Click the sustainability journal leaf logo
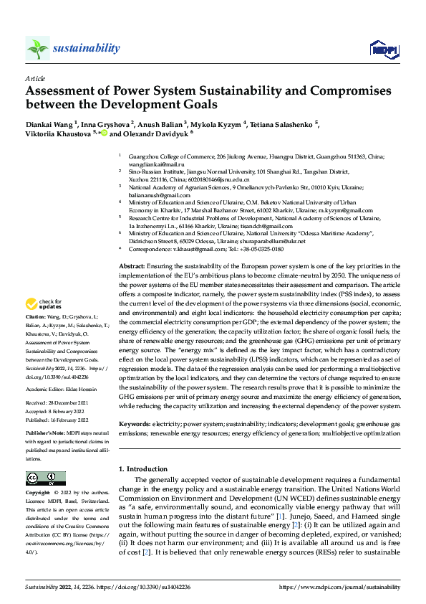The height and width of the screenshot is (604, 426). click(x=37, y=49)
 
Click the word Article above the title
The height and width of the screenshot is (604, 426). click(x=35, y=78)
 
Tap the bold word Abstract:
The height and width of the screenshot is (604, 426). click(x=133, y=266)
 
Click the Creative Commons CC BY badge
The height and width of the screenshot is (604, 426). click(x=45, y=478)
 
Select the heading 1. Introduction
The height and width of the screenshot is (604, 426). click(x=142, y=469)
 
